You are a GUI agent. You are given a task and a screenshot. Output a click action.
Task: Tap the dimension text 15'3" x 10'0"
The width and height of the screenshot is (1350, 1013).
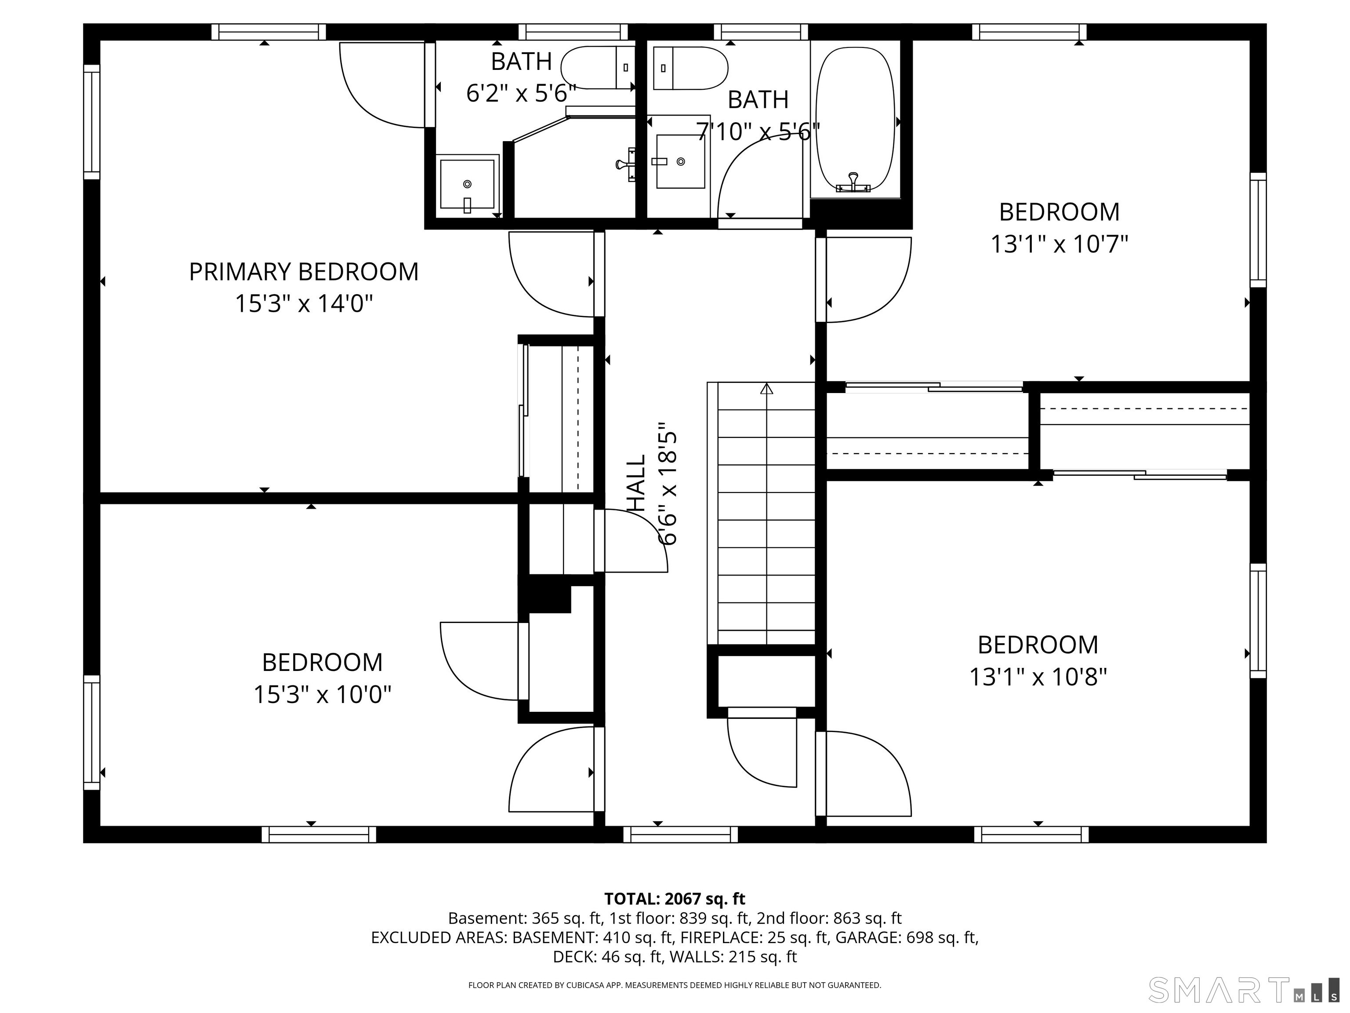tap(322, 694)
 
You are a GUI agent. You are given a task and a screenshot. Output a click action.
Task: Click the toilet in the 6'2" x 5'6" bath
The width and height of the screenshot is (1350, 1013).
tap(598, 68)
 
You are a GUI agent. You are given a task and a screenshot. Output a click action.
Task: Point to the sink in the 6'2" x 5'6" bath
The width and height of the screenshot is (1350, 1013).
tap(468, 184)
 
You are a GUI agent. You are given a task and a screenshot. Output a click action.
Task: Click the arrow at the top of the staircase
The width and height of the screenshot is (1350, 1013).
tap(766, 388)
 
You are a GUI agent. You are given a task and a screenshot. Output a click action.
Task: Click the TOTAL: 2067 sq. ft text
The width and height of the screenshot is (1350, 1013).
tap(675, 899)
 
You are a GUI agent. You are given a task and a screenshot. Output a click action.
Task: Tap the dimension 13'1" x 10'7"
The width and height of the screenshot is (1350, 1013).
tap(1059, 244)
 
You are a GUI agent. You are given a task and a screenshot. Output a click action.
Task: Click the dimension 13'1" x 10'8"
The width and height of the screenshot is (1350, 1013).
tap(1038, 677)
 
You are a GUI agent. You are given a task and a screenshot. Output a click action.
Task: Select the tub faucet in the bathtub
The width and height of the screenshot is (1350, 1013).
tap(853, 183)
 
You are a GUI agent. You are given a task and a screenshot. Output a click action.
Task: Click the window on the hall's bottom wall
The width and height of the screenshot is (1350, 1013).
tap(680, 834)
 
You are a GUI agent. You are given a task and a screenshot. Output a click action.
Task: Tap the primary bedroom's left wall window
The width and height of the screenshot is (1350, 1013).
tap(91, 122)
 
